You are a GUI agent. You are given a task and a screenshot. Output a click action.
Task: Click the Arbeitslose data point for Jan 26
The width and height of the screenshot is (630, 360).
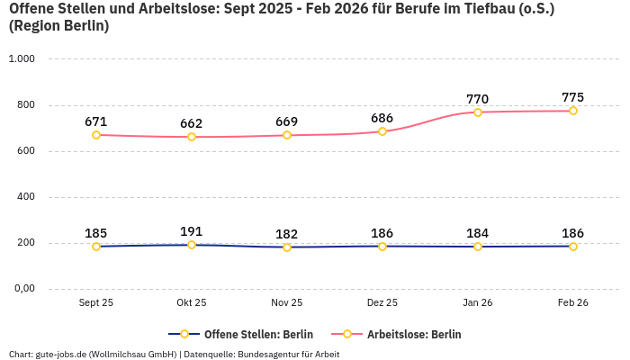tap(478, 112)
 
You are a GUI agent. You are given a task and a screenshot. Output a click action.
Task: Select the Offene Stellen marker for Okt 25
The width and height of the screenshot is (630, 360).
tap(192, 245)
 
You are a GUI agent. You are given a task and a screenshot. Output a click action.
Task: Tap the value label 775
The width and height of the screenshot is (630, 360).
tap(573, 97)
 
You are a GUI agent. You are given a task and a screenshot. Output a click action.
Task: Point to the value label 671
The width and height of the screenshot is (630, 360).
tap(96, 121)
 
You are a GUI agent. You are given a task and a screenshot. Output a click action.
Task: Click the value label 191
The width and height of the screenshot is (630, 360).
tap(192, 231)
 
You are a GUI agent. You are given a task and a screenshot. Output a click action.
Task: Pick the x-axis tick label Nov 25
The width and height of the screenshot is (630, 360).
tap(287, 303)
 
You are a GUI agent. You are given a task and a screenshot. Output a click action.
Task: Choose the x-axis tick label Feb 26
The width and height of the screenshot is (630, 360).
tap(573, 303)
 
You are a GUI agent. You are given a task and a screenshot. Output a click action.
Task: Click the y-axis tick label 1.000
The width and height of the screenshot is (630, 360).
tap(22, 59)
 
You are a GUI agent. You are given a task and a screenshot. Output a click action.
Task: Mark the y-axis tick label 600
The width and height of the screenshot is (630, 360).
tap(25, 151)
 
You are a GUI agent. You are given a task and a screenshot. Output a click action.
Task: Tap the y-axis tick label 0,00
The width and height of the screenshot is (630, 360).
tap(22, 289)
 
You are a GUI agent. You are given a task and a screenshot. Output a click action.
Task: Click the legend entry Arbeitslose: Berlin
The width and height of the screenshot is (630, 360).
tap(414, 334)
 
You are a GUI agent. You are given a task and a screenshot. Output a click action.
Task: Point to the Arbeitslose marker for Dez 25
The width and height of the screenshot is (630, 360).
tap(382, 131)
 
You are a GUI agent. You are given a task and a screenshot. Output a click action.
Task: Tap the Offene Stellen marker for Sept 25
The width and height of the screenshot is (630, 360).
tap(96, 246)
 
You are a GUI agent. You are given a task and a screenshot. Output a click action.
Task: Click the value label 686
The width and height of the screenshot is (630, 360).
tap(382, 118)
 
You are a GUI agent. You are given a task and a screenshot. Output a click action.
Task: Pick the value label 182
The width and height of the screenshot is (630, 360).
tap(287, 234)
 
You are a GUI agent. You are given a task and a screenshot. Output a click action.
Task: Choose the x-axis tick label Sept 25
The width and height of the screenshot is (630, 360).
tap(96, 303)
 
